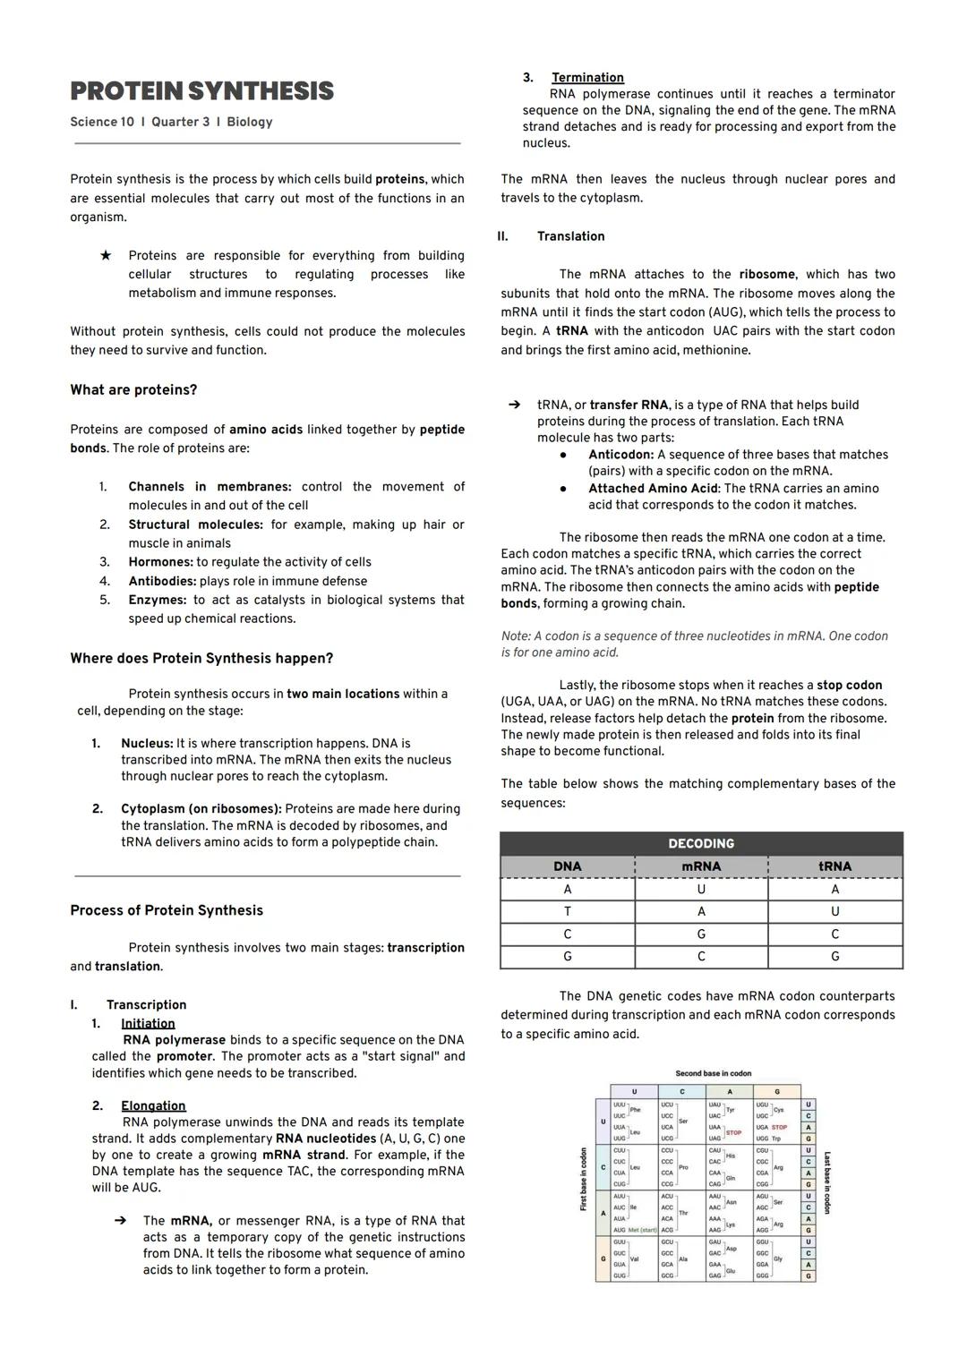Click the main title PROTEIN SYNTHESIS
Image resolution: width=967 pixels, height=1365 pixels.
point(201,91)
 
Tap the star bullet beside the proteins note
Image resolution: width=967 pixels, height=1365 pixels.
point(106,255)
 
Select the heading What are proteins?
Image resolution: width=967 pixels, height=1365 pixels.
point(133,390)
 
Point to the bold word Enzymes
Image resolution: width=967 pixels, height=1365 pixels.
point(157,600)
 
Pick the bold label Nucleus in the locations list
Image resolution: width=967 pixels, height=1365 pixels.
point(147,743)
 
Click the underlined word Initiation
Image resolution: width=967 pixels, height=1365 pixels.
point(148,1023)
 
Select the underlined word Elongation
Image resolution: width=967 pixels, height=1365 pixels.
point(153,1105)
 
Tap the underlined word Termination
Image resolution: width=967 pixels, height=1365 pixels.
point(587,78)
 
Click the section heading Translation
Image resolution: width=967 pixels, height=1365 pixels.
point(570,236)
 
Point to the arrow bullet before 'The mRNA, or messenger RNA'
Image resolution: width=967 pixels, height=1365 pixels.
point(119,1220)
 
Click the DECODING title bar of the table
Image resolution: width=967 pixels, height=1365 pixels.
point(701,843)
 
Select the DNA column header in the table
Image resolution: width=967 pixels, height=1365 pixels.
point(567,866)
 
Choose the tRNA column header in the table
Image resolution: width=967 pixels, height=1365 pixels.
point(834,866)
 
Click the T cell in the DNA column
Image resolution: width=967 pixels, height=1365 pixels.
point(567,911)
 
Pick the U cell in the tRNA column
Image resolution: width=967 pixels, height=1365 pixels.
point(834,911)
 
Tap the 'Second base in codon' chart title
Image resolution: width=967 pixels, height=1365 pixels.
point(713,1073)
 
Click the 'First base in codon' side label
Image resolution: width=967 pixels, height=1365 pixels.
point(584,1179)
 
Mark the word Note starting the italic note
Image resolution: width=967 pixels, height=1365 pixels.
point(516,636)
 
